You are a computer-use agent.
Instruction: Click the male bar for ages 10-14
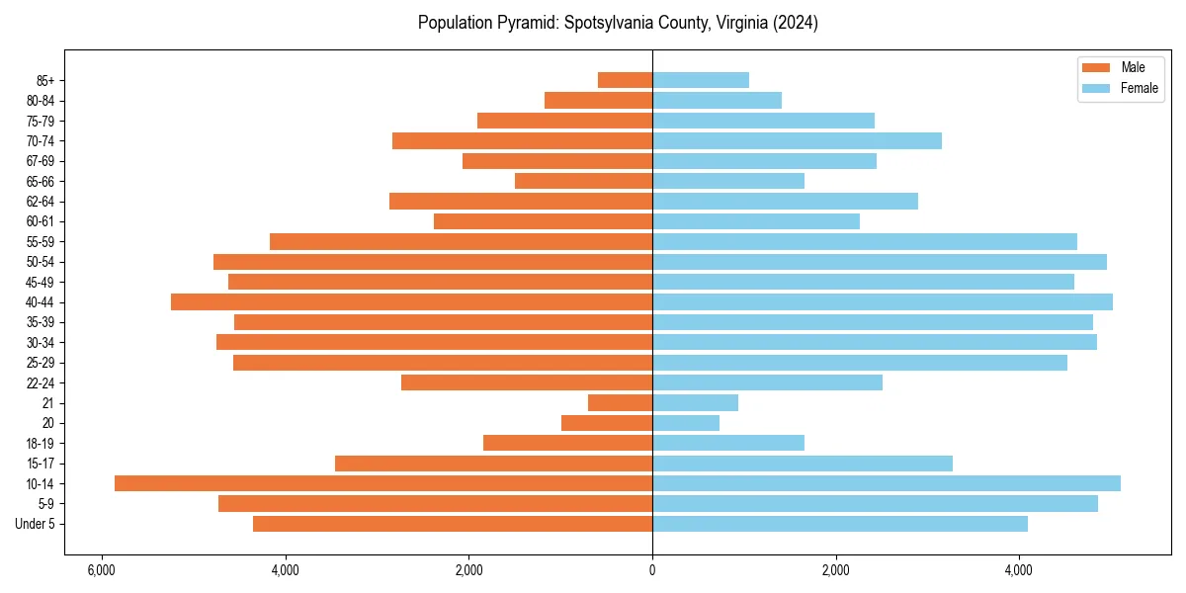(x=383, y=483)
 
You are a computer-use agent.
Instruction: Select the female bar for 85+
(x=701, y=80)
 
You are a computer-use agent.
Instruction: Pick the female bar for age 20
(x=686, y=423)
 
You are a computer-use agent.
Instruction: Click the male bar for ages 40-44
(x=411, y=301)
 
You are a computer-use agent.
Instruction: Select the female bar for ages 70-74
(x=797, y=140)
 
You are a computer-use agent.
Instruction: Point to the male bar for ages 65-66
(x=583, y=181)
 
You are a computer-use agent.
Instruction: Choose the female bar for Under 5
(x=840, y=524)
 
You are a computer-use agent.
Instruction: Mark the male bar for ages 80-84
(x=598, y=100)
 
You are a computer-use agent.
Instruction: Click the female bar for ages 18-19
(x=728, y=443)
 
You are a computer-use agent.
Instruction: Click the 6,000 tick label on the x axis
(x=101, y=571)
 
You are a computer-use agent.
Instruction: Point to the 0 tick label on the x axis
(x=652, y=571)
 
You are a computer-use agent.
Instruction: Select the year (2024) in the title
(x=795, y=23)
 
